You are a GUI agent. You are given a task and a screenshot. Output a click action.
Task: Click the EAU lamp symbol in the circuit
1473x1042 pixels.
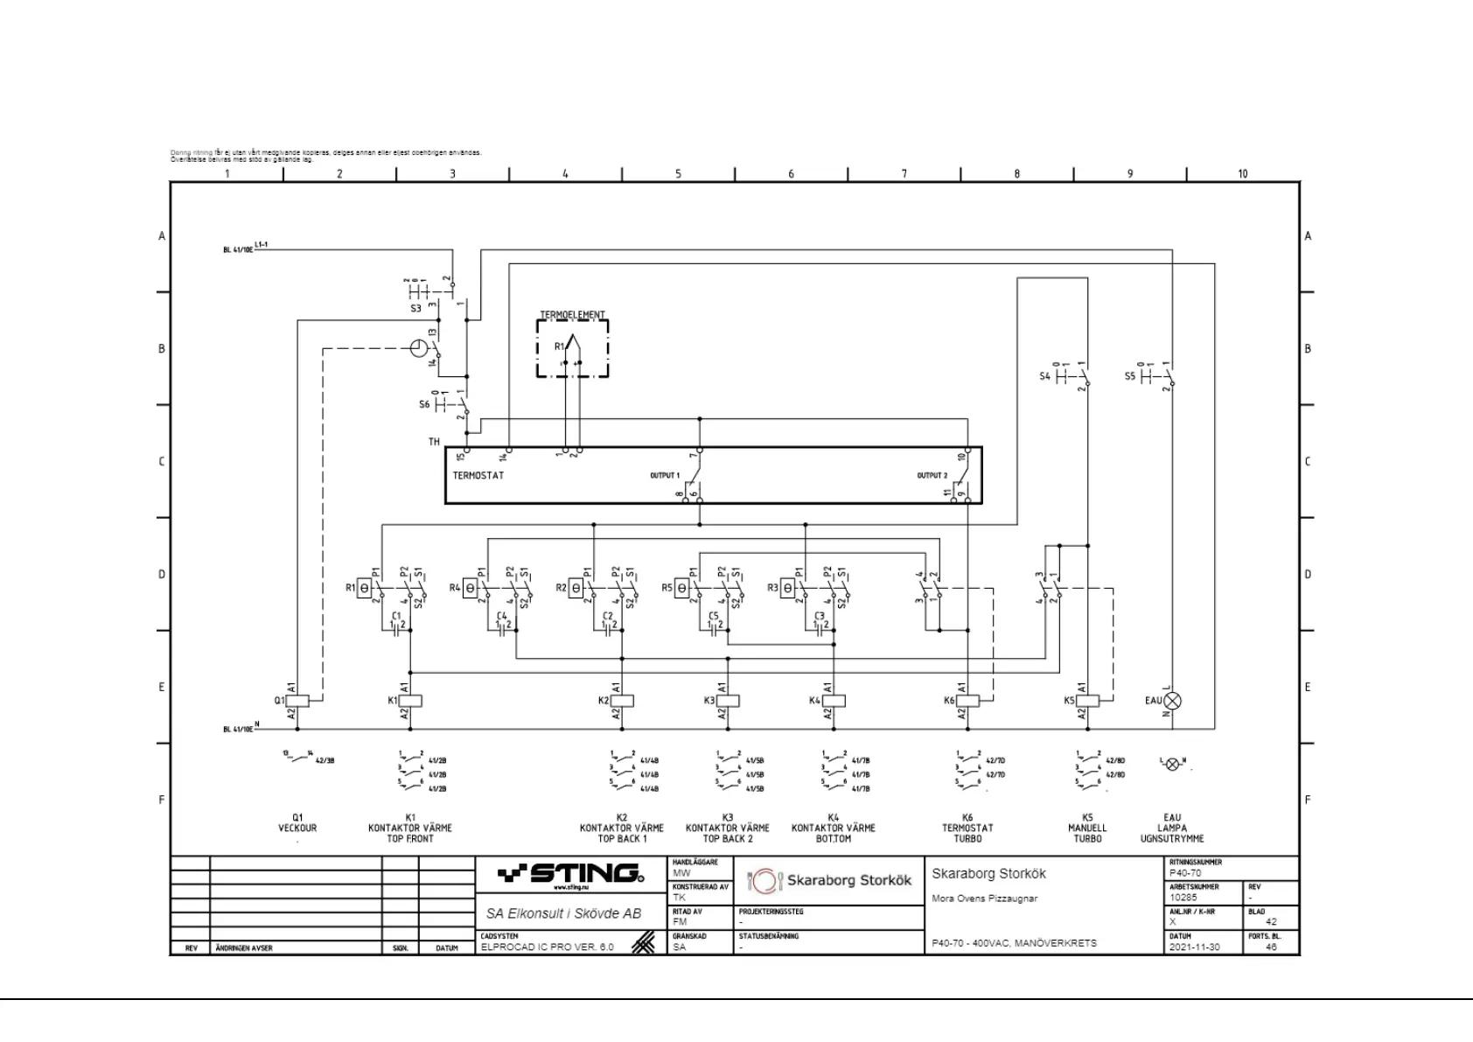coord(1173,701)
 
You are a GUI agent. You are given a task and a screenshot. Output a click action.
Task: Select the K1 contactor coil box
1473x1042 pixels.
coord(411,701)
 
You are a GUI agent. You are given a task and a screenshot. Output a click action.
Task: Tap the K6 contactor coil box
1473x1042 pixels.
coord(968,701)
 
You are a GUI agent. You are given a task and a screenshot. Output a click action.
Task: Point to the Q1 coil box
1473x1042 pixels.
coord(298,701)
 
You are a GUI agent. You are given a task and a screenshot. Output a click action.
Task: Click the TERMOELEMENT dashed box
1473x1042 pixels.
coord(572,348)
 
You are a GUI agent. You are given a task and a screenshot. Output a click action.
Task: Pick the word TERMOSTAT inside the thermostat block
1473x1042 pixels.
coord(478,476)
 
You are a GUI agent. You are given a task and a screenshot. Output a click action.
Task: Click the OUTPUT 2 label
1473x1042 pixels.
coord(932,476)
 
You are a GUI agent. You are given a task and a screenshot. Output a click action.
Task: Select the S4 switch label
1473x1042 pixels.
coord(1044,376)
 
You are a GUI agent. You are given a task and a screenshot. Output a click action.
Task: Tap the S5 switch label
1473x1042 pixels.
coord(1129,376)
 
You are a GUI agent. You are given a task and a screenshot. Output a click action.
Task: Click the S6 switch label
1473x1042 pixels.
coord(424,405)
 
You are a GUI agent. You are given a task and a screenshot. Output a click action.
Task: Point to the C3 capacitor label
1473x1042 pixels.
coord(820,616)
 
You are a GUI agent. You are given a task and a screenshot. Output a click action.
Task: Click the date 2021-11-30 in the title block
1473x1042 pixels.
coord(1194,947)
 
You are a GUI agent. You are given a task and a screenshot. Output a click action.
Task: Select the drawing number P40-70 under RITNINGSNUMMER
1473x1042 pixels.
coord(1185,873)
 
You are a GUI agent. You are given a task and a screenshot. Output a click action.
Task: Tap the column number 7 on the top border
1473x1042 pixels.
coord(904,174)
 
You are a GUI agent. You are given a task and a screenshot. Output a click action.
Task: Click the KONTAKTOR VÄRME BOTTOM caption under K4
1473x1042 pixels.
coord(834,833)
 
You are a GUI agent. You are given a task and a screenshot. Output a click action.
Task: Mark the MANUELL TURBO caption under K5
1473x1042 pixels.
coord(1087,833)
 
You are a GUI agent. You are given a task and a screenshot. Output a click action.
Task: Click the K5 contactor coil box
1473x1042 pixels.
coord(1087,701)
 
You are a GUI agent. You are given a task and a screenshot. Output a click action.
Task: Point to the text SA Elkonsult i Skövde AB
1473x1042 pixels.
coord(563,913)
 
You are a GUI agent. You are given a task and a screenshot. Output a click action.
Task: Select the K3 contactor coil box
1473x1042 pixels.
coord(728,701)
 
